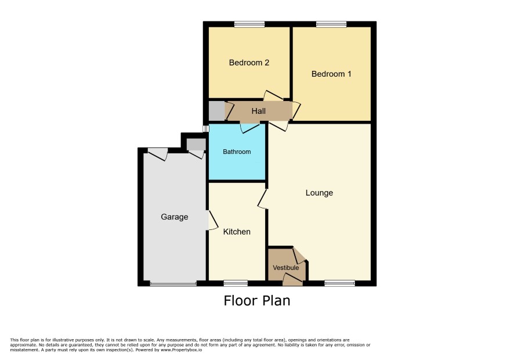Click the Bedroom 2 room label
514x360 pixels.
[x=249, y=62]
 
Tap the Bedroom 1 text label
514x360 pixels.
[x=331, y=74]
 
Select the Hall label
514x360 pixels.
[x=258, y=111]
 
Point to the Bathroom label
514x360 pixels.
[x=237, y=152]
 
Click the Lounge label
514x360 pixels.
[x=319, y=193]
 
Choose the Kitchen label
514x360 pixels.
[x=237, y=232]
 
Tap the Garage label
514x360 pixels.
[x=175, y=217]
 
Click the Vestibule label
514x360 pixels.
[x=286, y=268]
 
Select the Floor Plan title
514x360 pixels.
[x=257, y=301]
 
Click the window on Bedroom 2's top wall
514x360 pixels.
[x=249, y=24]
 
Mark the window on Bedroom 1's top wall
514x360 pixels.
[x=331, y=24]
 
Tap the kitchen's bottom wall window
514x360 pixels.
[x=236, y=283]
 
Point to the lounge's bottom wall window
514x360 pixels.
[x=339, y=283]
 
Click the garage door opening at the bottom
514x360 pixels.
[x=173, y=283]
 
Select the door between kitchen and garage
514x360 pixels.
[x=213, y=219]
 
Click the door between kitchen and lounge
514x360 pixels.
[x=263, y=199]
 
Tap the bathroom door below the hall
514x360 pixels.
[x=251, y=127]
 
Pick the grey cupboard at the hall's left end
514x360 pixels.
[x=216, y=111]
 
